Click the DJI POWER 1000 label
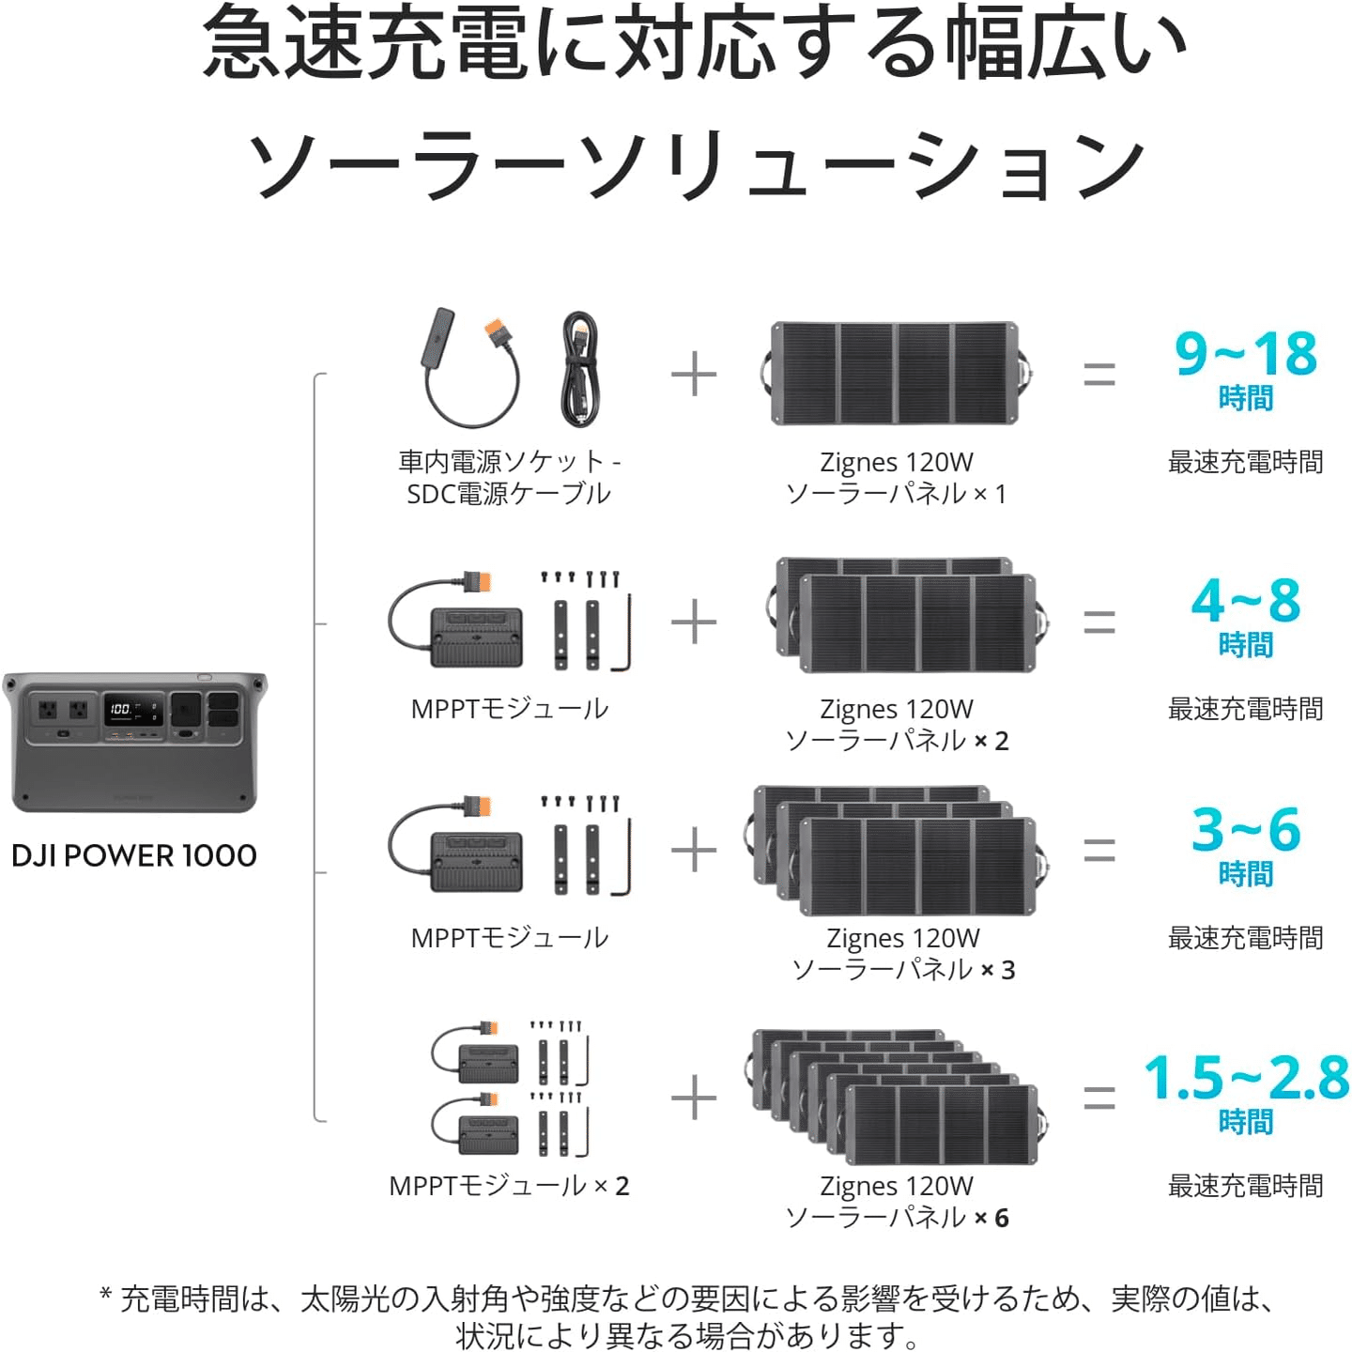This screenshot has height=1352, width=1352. [x=133, y=855]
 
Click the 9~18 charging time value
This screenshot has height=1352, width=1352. [x=1245, y=355]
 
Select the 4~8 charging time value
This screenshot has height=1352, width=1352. [x=1245, y=601]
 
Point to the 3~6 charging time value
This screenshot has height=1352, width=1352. [x=1245, y=830]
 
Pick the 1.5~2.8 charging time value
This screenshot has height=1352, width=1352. [x=1245, y=1078]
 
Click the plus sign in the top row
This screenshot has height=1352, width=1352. [x=694, y=376]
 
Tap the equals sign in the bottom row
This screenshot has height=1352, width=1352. [x=1099, y=1098]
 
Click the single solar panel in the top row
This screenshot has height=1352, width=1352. [x=895, y=373]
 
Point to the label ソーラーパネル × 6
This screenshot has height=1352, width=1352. [x=897, y=1218]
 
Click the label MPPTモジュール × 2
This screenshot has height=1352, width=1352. [x=509, y=1186]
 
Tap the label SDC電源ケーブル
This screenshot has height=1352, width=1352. [x=509, y=494]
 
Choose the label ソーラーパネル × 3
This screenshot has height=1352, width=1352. [x=903, y=970]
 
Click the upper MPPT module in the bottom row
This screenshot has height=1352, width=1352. [x=487, y=1062]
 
